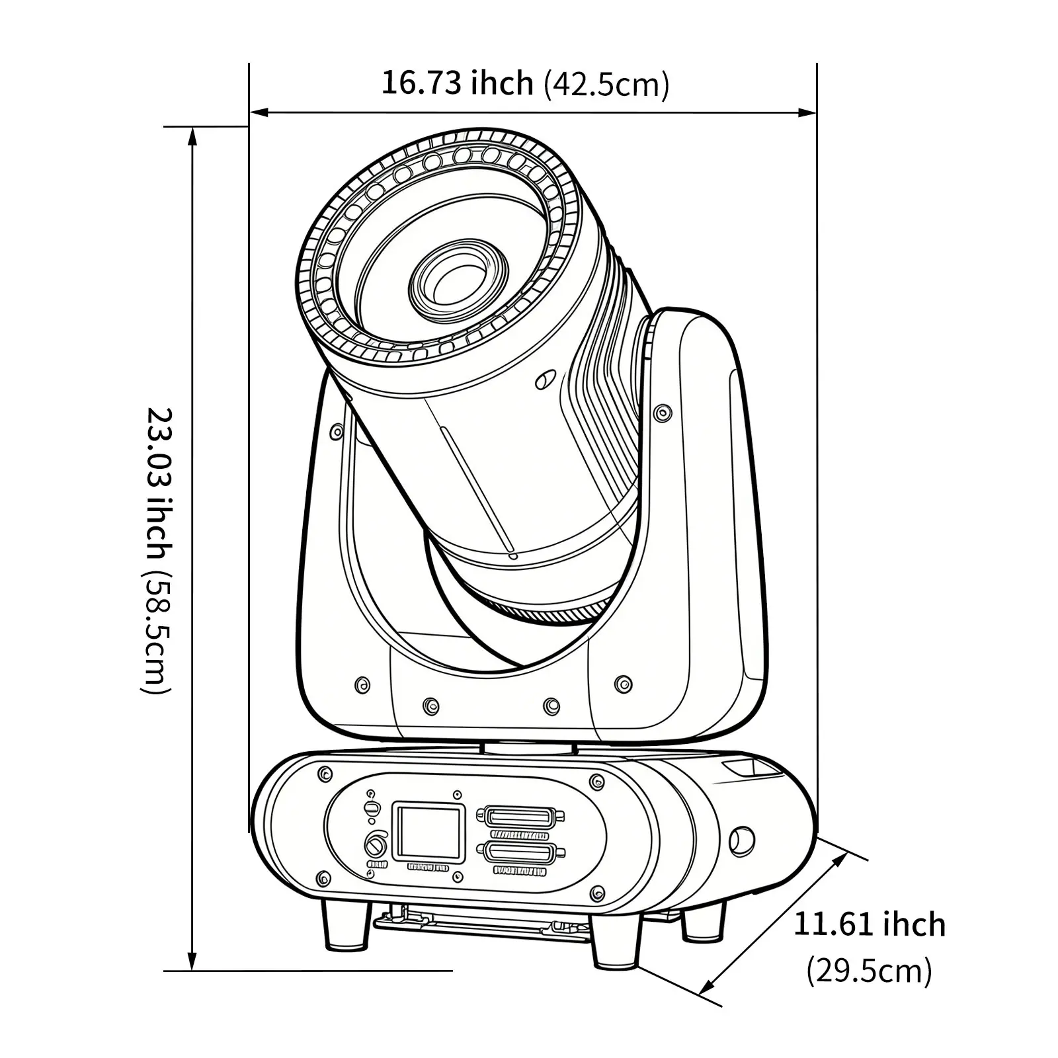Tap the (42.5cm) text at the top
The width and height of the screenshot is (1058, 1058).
point(606,85)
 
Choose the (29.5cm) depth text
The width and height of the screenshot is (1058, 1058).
point(869,971)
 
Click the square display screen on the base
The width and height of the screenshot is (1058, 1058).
point(428,832)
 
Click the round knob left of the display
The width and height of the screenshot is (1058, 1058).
point(375,845)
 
